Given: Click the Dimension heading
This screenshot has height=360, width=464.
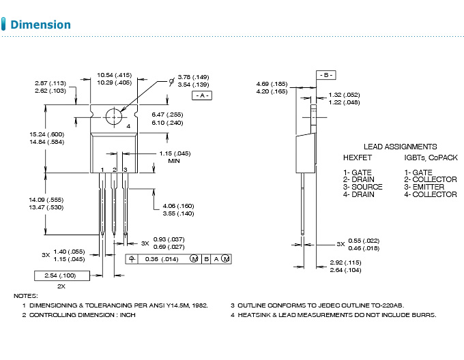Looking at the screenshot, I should pyautogui.click(x=41, y=25).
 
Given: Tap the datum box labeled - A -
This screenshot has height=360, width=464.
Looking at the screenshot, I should pyautogui.click(x=203, y=95).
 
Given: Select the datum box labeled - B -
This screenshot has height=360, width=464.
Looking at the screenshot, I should pyautogui.click(x=325, y=74).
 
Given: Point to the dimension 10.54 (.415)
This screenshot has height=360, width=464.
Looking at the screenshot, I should pyautogui.click(x=114, y=74).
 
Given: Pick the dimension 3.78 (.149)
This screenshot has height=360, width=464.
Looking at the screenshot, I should pyautogui.click(x=193, y=77).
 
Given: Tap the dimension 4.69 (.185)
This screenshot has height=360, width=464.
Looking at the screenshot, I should pyautogui.click(x=272, y=84).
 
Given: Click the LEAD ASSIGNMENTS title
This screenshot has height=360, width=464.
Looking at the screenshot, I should pyautogui.click(x=400, y=146).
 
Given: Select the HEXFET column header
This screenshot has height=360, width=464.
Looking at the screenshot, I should pyautogui.click(x=358, y=157).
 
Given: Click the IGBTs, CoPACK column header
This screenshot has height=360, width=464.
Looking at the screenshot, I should pyautogui.click(x=431, y=157).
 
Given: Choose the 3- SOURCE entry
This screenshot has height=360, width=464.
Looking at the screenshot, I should pyautogui.click(x=362, y=187).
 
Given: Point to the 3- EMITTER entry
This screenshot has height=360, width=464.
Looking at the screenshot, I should pyautogui.click(x=424, y=187).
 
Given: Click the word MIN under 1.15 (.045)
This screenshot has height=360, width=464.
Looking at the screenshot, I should pyautogui.click(x=174, y=161).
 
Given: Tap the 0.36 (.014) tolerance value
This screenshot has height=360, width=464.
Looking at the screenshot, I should pyautogui.click(x=162, y=259).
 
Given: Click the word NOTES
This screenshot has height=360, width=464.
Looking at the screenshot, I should pyautogui.click(x=26, y=295).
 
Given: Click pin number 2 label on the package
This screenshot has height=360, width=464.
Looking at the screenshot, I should pyautogui.click(x=114, y=168).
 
